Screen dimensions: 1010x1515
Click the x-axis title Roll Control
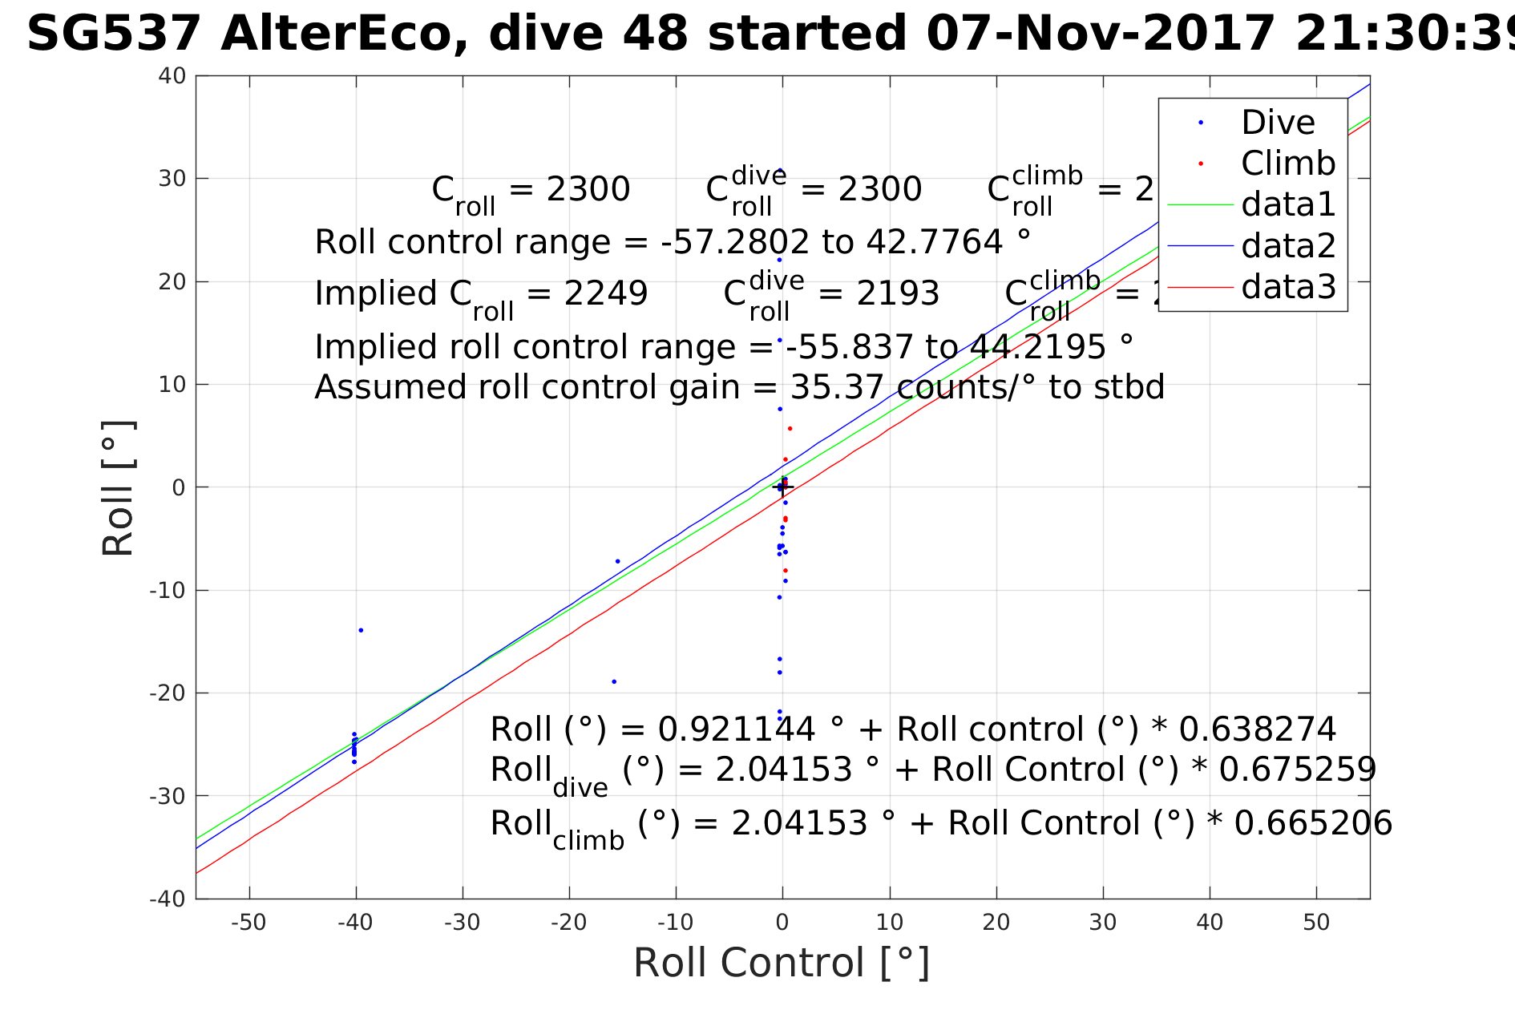tap(782, 962)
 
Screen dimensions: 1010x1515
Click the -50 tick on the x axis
tap(248, 923)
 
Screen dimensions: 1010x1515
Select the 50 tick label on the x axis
tap(1316, 923)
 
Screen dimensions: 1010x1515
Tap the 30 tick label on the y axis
tap(172, 179)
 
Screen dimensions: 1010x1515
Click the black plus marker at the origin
tap(782, 487)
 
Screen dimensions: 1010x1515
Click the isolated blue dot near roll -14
tap(361, 630)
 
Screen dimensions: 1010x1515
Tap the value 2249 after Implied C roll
tap(606, 293)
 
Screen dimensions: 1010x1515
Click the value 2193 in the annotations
tap(898, 293)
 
